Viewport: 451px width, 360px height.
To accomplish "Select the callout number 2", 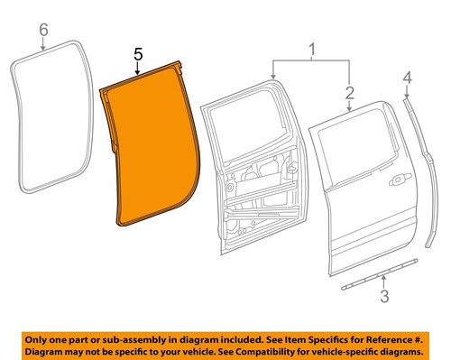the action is click(x=347, y=92).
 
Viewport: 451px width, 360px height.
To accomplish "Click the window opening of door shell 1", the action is click(x=249, y=126).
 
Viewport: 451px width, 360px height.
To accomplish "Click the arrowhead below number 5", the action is click(x=137, y=77).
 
